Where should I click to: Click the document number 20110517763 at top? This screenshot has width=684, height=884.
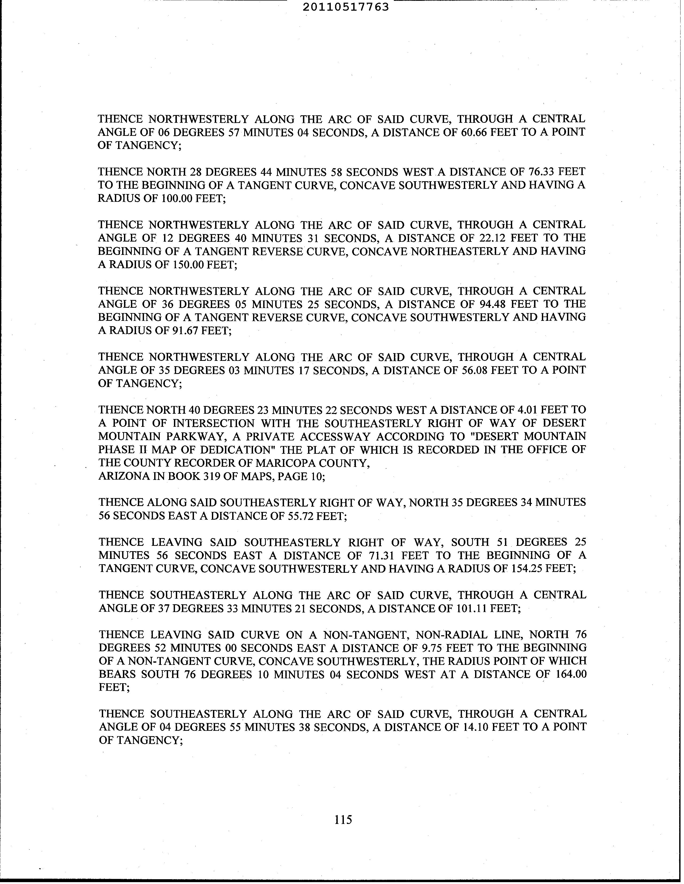(x=346, y=7)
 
